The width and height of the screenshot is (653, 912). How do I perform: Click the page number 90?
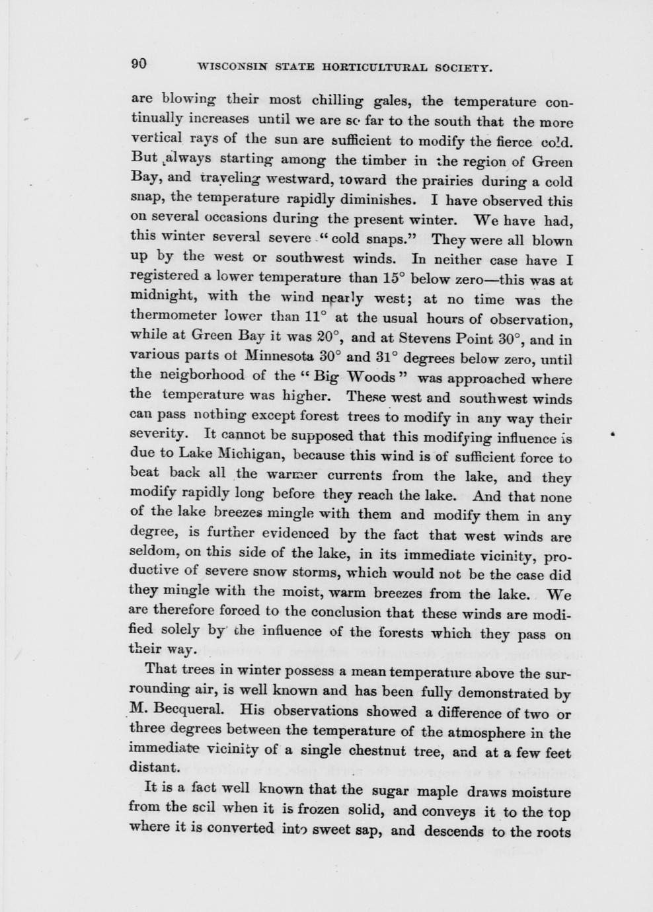[x=139, y=63]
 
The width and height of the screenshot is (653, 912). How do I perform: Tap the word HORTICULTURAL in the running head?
[x=373, y=67]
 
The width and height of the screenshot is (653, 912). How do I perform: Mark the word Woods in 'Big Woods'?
[x=371, y=377]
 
